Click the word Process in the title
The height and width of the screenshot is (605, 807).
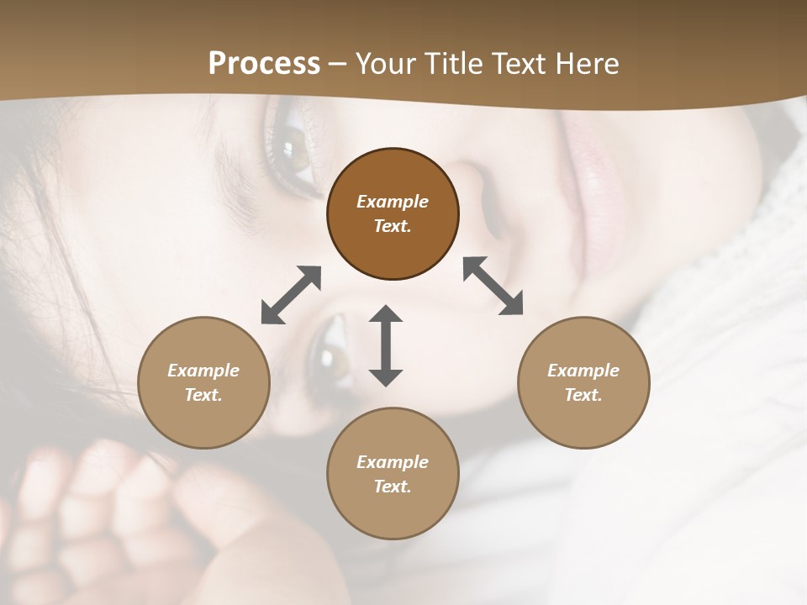click(x=264, y=64)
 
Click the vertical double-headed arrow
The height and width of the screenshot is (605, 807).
click(x=386, y=345)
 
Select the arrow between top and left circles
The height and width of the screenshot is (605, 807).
click(x=291, y=295)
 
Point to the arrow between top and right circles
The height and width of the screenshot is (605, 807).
click(x=493, y=286)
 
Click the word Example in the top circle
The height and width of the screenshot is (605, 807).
click(x=393, y=202)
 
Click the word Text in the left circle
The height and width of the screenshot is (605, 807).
click(x=203, y=395)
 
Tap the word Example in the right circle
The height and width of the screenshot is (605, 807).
click(x=583, y=371)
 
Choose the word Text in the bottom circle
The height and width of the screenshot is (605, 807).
click(x=393, y=487)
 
